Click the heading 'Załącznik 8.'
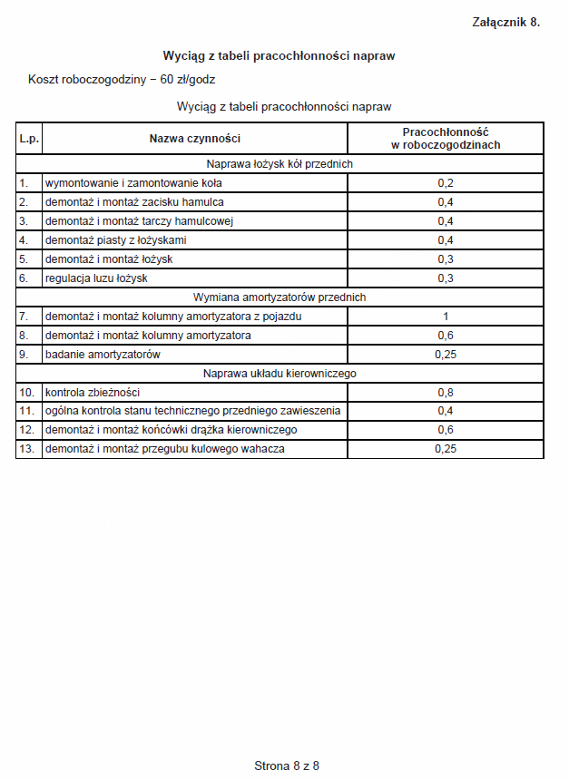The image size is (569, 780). coord(505,23)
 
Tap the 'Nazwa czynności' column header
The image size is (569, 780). coord(194,139)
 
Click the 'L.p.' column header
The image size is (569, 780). coord(28,139)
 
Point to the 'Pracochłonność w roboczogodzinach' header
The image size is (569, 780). coord(445,138)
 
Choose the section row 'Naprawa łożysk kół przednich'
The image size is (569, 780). coord(280,164)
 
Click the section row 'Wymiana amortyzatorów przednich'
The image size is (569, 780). coord(280,297)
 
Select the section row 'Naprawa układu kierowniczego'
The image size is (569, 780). coord(280,373)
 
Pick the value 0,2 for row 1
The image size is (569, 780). coord(445,183)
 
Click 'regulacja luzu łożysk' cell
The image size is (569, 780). coord(96,278)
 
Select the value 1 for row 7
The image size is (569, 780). coord(445,317)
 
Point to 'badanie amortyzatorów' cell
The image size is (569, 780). coord(103,354)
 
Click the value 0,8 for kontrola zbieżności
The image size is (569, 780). coord(445,393)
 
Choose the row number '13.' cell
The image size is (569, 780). coord(28,449)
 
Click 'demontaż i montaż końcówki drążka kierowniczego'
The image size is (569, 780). coord(171,430)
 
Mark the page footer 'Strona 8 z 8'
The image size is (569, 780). coord(287,765)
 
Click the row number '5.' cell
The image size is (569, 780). coord(28,259)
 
